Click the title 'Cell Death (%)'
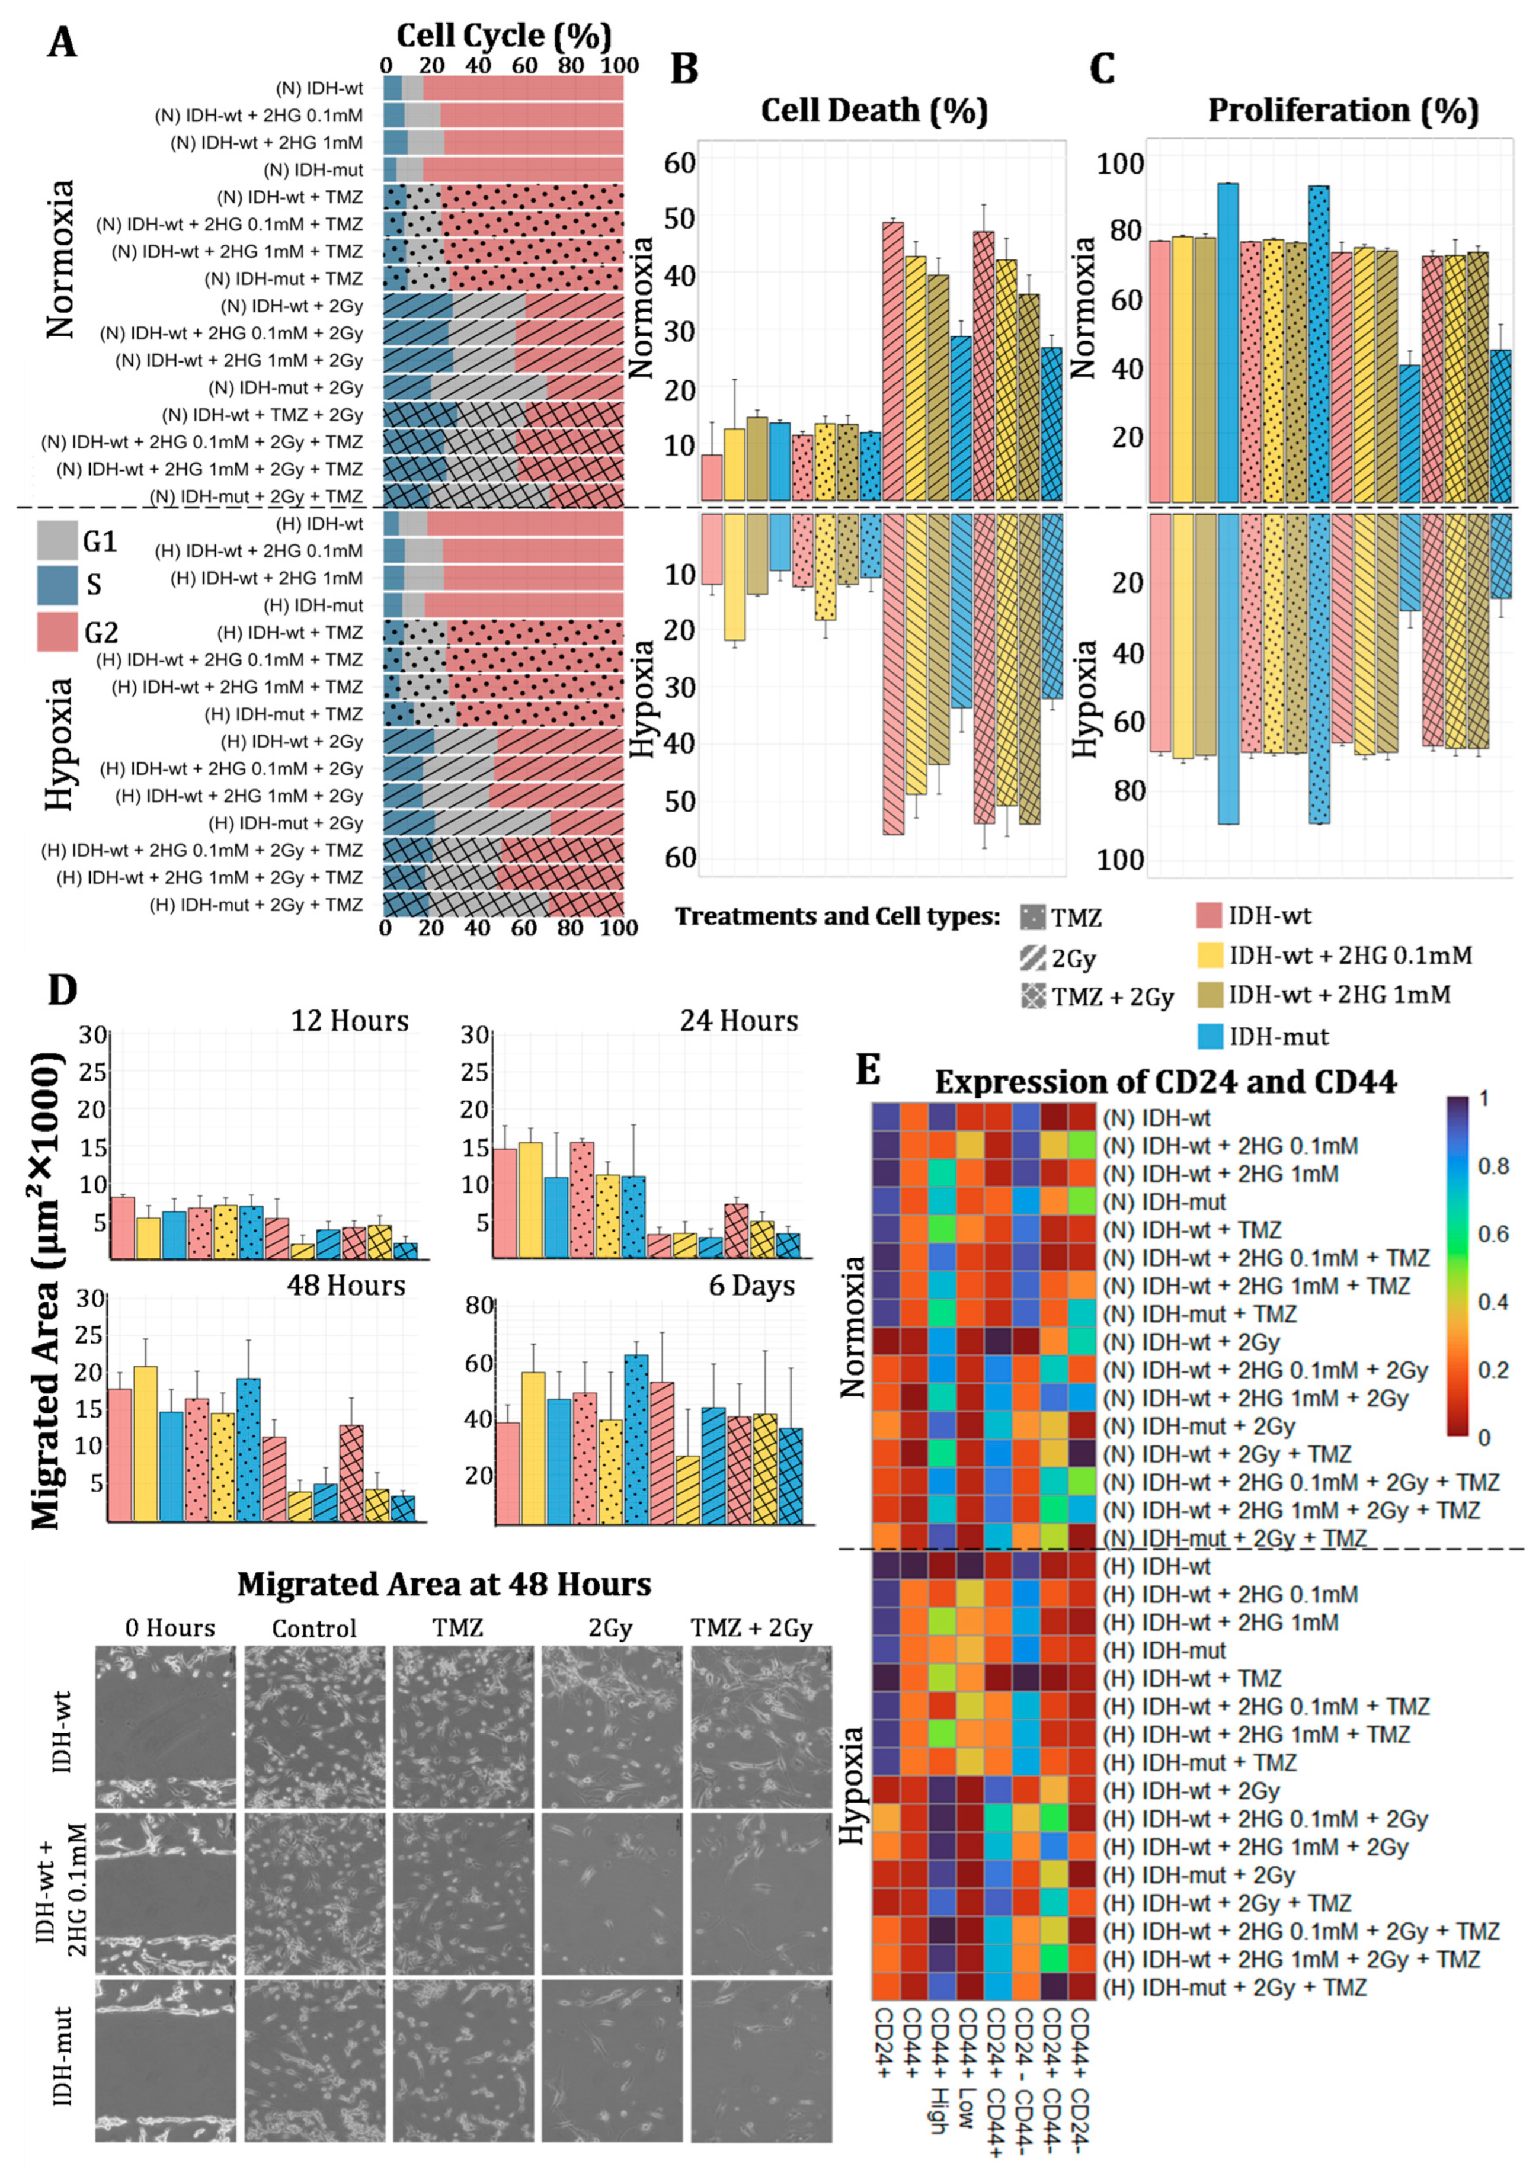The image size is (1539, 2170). click(x=874, y=111)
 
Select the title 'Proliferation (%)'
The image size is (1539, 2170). click(x=1343, y=111)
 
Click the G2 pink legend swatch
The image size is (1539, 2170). click(x=57, y=632)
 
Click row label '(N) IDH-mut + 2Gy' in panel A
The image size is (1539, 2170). click(x=285, y=387)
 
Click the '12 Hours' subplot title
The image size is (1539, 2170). click(x=350, y=1021)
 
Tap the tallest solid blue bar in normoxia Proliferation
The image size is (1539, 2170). click(x=1227, y=342)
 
